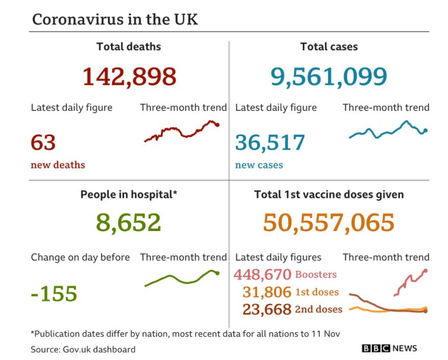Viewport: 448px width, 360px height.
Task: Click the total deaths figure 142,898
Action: coord(129,76)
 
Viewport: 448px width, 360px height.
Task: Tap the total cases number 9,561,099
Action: coord(329,76)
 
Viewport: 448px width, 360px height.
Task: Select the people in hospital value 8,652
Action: coord(128,222)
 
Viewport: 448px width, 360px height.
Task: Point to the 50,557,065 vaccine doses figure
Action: coord(329,222)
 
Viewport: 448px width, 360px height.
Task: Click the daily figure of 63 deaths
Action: coord(43,142)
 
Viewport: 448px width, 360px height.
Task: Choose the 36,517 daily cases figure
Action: coord(270,143)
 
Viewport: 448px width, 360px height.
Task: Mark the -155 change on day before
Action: coord(54,293)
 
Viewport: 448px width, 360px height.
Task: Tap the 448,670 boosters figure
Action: coord(262,274)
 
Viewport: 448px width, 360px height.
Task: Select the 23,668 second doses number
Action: coord(267,309)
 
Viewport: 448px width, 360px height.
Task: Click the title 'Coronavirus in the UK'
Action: coord(115,20)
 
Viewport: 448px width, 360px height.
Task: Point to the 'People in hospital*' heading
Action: coord(128,194)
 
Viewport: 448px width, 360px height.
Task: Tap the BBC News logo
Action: coord(389,348)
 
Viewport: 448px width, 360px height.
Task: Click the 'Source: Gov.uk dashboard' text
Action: coord(83,349)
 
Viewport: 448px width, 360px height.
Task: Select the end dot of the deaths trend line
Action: coord(218,124)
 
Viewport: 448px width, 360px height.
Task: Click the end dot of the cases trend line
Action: coord(426,131)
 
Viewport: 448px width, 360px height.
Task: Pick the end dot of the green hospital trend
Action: coord(218,273)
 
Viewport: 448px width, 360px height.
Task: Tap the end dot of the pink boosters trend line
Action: coord(426,271)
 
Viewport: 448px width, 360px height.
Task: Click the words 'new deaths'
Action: coord(58,165)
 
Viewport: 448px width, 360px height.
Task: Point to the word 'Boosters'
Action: coord(316,274)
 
